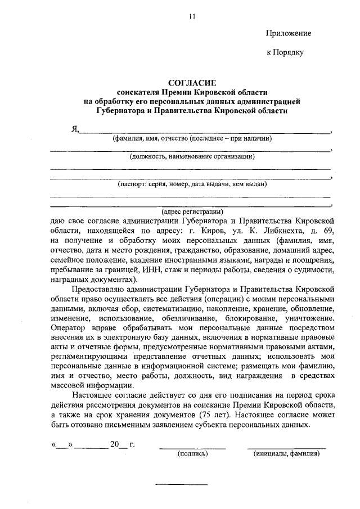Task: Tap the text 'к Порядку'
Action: (285, 52)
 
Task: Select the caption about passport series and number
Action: (192, 184)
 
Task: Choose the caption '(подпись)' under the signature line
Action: (192, 453)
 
